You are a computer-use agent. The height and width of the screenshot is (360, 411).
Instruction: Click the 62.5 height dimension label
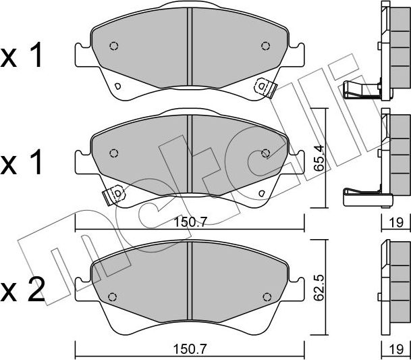[x=319, y=288]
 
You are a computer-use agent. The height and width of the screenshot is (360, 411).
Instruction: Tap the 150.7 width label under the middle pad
[x=191, y=222]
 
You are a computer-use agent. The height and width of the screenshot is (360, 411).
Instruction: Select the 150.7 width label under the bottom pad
[x=190, y=349]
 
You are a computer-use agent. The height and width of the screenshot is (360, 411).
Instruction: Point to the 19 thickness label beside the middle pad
[x=396, y=223]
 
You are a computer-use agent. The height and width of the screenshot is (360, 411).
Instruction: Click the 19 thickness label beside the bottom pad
[x=396, y=349]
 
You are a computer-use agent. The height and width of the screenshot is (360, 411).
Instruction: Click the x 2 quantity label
[x=22, y=290]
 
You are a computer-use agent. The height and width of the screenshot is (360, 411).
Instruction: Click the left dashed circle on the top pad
[x=114, y=46]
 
